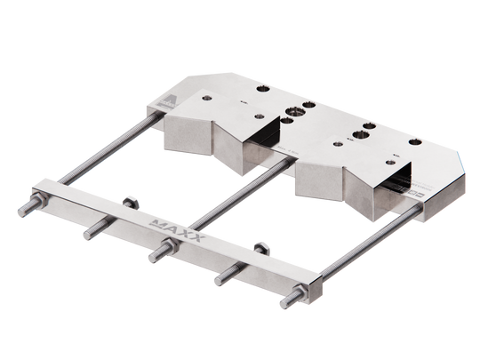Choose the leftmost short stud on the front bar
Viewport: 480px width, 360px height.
(87, 234)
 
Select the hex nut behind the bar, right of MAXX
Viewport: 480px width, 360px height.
(260, 245)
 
